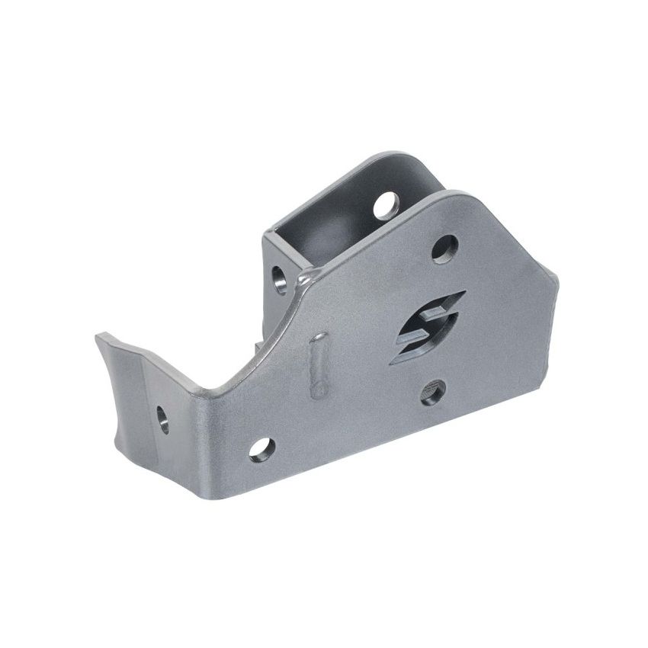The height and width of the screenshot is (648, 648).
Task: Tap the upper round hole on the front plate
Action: pos(444,248)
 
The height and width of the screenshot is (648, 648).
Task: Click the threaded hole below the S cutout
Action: pos(433,392)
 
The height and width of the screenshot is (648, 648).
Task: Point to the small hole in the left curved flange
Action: pos(162,419)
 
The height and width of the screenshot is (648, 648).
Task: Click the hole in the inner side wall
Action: pos(281,279)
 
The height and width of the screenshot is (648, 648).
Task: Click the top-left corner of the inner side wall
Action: pos(265,233)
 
